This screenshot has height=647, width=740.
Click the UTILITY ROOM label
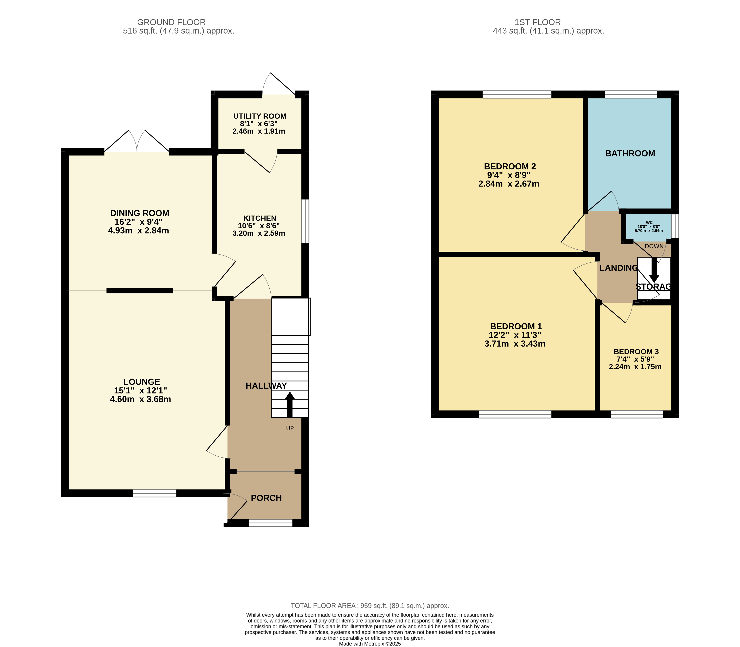(260, 116)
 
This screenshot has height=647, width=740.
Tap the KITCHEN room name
(260, 218)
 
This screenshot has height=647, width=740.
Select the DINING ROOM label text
(139, 213)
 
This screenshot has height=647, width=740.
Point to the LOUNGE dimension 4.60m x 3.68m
(141, 399)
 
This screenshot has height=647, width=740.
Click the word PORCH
(266, 498)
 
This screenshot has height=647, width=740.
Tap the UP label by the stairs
(290, 428)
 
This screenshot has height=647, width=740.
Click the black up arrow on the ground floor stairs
(290, 404)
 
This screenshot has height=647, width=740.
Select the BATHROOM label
(630, 153)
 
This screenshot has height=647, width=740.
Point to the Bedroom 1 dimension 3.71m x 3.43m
(515, 344)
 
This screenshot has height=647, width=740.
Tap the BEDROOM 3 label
(636, 352)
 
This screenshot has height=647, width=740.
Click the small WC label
(649, 222)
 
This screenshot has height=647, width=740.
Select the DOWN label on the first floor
(654, 246)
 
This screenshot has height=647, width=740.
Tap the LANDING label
(618, 268)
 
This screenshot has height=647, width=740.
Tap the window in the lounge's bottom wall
(155, 493)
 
